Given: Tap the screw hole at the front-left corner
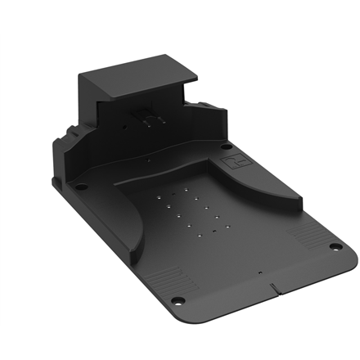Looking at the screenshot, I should point(176,299).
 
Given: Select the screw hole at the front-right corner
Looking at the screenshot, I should point(334,248).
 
